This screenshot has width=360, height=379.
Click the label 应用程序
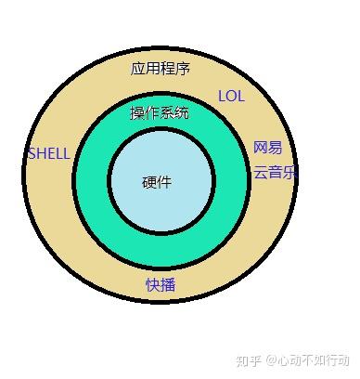point(160,69)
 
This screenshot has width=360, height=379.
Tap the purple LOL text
point(231,96)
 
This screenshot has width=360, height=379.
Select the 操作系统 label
point(160,113)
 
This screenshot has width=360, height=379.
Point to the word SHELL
point(49,153)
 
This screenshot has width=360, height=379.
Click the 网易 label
point(267,149)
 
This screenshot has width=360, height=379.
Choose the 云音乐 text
point(275,172)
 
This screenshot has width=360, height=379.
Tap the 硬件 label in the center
point(157,182)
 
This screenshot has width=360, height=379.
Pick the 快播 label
point(160,284)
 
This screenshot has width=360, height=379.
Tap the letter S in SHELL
point(32,153)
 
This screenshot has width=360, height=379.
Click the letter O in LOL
point(231,96)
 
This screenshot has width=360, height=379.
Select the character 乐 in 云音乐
point(289,172)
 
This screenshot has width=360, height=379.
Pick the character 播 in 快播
point(167,284)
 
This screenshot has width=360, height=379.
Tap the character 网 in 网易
point(261,149)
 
